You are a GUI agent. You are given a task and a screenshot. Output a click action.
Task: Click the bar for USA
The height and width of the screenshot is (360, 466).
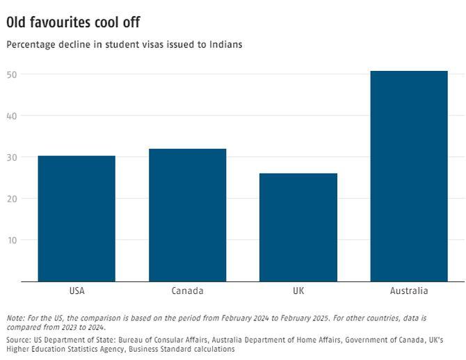[77, 218]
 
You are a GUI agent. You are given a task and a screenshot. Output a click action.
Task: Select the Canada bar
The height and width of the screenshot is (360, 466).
[187, 215]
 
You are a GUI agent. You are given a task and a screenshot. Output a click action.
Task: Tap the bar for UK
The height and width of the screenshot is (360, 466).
[298, 227]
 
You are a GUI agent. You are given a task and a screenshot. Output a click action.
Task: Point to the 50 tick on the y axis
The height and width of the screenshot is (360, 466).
[12, 74]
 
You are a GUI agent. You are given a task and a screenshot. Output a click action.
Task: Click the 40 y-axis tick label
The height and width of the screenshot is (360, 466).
[12, 115]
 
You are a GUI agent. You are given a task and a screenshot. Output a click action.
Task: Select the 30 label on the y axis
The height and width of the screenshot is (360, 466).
[12, 157]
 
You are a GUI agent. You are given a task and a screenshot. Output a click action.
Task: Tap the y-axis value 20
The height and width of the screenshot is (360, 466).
[12, 198]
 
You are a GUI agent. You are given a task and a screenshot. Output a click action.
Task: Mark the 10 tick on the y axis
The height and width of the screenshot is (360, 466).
[12, 240]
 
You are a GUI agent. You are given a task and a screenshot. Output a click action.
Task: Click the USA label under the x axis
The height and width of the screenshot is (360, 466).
[77, 291]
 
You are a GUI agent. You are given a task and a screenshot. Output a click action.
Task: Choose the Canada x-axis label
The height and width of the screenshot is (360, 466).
[187, 291]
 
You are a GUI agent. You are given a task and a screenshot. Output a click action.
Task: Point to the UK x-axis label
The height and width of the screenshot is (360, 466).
[298, 291]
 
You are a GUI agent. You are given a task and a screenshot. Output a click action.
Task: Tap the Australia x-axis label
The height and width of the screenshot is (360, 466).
[409, 291]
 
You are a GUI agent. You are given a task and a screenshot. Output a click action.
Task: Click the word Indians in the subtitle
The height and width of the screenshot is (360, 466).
[225, 44]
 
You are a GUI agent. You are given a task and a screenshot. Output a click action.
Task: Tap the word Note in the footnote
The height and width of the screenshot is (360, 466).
[15, 318]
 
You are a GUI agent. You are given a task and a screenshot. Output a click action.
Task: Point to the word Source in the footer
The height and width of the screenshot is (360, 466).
[18, 339]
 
